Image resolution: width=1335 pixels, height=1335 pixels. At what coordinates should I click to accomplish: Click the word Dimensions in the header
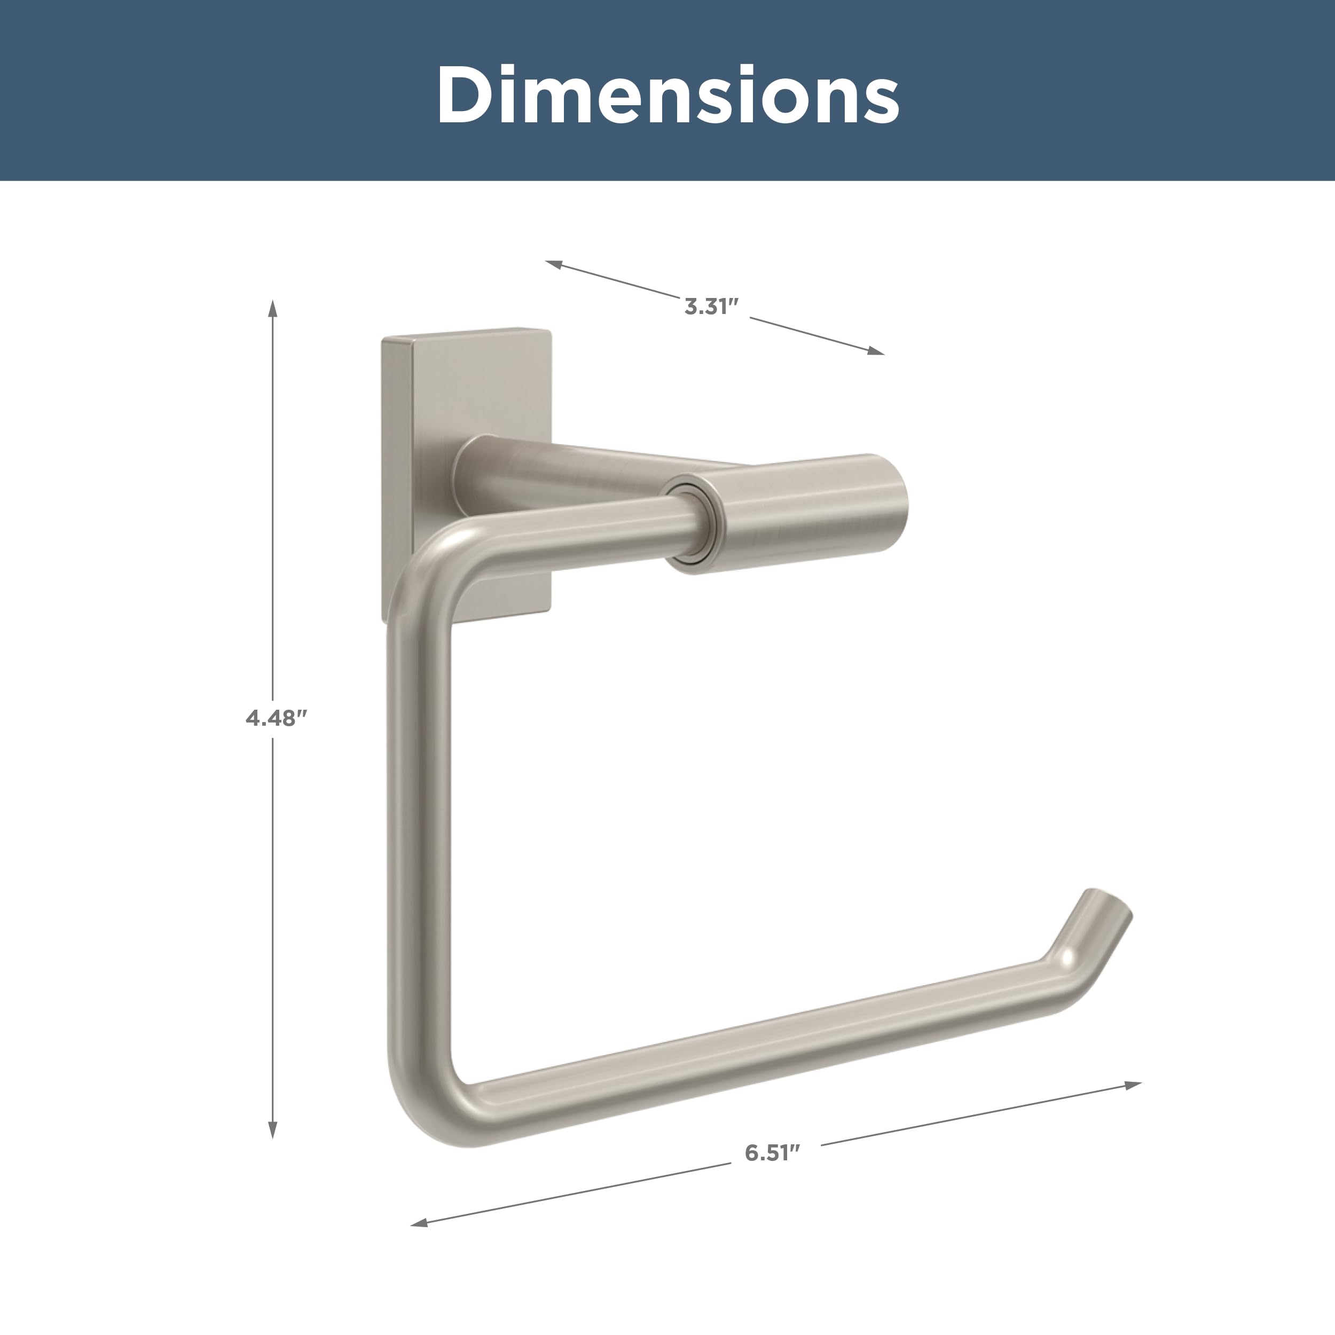click(667, 95)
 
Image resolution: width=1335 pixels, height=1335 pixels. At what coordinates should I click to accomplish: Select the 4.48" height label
click(276, 719)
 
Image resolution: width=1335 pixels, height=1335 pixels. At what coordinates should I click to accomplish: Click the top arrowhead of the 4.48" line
click(273, 308)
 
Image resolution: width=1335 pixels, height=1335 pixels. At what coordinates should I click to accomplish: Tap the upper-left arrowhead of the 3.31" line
click(553, 264)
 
